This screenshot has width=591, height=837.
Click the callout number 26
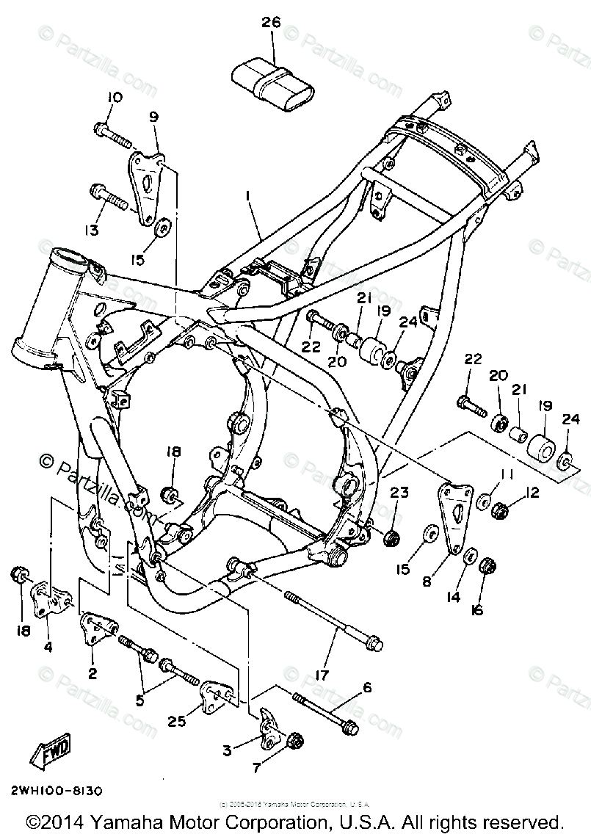271,23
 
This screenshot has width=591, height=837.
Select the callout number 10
115,98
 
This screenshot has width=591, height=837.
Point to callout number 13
91,231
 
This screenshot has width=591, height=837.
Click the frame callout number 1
248,196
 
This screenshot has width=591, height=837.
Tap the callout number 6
367,687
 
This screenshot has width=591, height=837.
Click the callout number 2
93,673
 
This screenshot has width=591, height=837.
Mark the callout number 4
48,648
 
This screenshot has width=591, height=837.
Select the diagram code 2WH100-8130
56,791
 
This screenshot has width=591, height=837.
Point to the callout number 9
153,117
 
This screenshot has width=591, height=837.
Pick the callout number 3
228,750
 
